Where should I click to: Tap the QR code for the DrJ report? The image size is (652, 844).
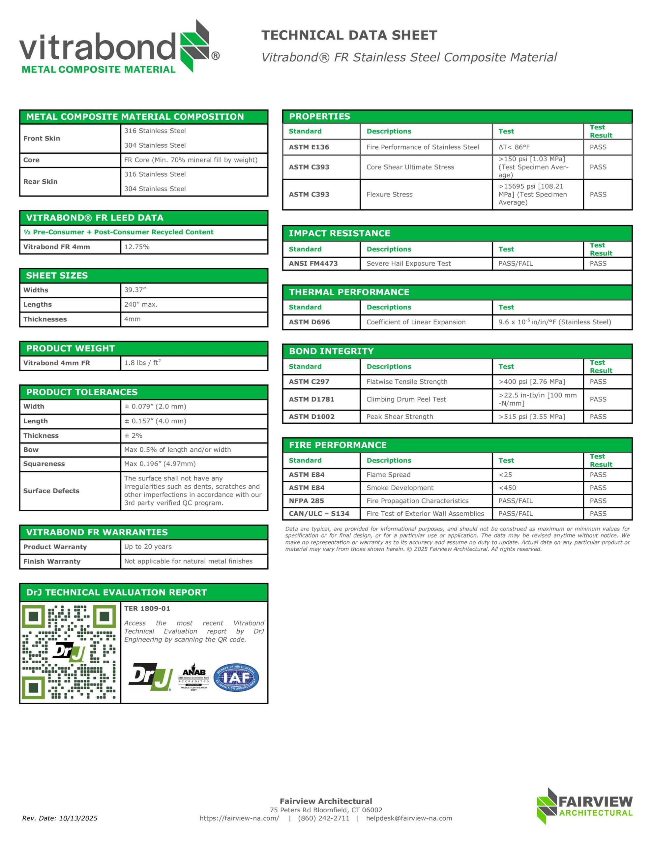69,652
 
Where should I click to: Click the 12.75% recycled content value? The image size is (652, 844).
137,247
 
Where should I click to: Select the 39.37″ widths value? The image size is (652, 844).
135,290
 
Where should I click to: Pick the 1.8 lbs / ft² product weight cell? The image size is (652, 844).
142,363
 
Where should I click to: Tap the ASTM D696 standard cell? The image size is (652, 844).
309,322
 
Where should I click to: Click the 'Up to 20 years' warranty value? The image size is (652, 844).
148,546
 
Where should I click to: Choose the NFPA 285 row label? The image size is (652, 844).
306,501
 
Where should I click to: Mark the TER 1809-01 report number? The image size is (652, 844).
147,608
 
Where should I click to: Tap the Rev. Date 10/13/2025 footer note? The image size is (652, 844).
60,818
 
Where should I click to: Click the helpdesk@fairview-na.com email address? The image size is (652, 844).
409,818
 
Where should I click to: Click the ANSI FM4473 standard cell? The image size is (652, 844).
313,263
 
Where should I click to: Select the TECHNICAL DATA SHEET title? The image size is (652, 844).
349,35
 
